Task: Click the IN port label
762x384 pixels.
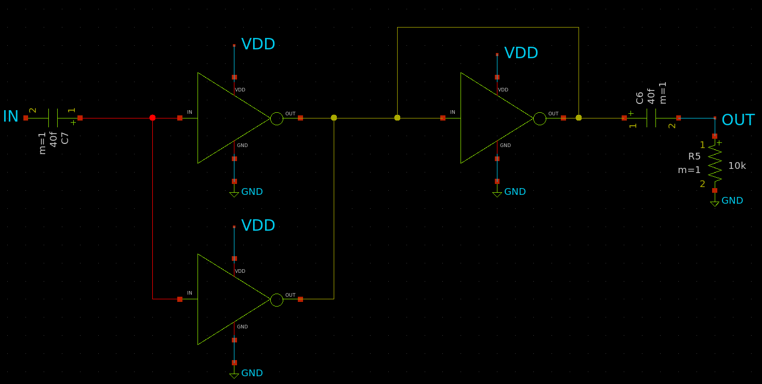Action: (10, 116)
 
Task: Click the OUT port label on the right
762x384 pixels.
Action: (738, 120)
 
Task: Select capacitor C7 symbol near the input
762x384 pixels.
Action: (53, 118)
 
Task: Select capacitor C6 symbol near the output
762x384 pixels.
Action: (651, 118)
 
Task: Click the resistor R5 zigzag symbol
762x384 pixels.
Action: (715, 164)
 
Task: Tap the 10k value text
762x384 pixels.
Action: (737, 166)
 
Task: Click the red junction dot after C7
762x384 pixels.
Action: (152, 118)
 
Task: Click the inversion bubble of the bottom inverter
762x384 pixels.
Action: (277, 300)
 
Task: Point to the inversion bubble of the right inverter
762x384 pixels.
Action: (540, 119)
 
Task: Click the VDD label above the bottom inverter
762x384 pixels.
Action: (258, 226)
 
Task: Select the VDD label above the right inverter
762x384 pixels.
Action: (521, 53)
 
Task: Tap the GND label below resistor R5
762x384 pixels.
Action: (732, 201)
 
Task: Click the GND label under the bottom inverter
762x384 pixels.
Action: (252, 373)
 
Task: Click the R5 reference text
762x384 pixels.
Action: (694, 156)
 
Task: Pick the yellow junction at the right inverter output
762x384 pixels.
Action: (579, 118)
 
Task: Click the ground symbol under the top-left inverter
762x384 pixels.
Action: (234, 194)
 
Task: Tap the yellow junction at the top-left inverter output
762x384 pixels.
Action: (334, 118)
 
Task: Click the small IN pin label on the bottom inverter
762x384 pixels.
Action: (189, 293)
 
